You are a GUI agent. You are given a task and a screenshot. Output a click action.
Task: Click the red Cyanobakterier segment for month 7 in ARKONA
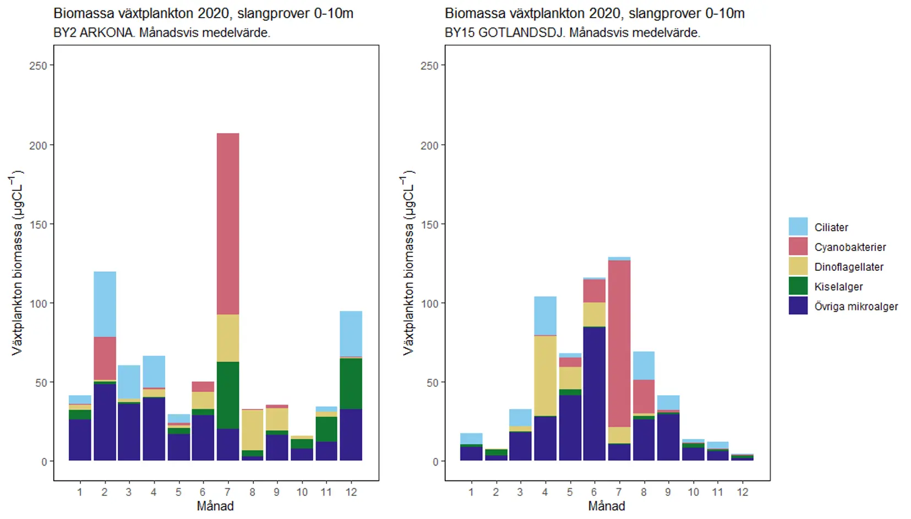[x=227, y=223]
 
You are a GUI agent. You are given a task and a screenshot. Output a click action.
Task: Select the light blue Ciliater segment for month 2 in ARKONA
[x=105, y=304]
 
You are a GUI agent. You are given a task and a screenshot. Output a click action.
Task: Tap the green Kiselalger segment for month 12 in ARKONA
[x=351, y=383]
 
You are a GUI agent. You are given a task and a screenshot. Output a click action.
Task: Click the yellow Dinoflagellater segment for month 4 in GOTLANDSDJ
[x=545, y=375]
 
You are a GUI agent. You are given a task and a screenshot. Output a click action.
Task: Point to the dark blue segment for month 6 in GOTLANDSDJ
[x=594, y=394]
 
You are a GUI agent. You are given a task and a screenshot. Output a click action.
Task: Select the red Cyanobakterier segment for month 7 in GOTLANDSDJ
[x=619, y=343]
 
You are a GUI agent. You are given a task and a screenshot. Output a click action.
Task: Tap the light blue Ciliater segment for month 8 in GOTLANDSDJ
[x=643, y=365]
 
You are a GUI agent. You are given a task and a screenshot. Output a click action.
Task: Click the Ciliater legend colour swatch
[x=798, y=227]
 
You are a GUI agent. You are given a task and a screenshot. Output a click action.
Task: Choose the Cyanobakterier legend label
[x=850, y=247]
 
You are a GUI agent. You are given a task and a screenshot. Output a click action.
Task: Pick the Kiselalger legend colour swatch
[x=798, y=286]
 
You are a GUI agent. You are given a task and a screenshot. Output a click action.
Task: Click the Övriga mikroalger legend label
[x=856, y=307]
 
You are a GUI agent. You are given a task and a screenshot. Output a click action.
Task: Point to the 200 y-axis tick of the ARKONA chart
[x=37, y=145]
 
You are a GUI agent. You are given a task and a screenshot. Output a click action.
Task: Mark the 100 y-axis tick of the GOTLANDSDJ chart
[x=429, y=303]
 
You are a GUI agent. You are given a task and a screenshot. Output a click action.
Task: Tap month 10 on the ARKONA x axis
[x=302, y=492]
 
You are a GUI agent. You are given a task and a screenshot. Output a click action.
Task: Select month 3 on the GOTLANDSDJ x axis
[x=520, y=492]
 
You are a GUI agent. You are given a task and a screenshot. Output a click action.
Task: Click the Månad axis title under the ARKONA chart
[x=215, y=506]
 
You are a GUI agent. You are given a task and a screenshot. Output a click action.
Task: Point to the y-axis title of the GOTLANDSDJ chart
[x=408, y=263]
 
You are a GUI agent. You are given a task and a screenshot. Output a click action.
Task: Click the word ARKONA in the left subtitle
[x=107, y=32]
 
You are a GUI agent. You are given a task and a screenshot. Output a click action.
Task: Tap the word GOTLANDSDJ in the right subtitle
[x=521, y=32]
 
